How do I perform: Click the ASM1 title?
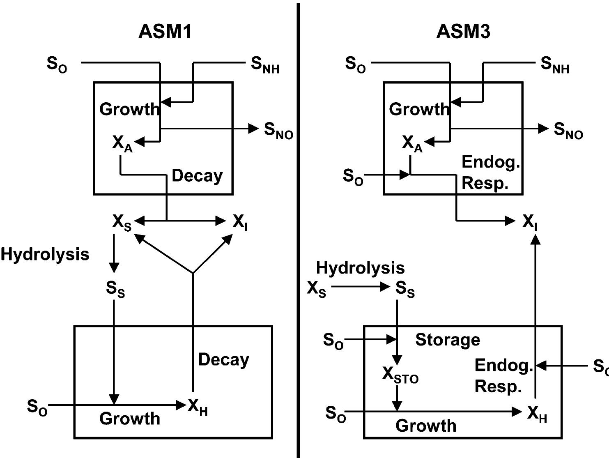click(165, 32)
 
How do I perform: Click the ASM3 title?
click(463, 32)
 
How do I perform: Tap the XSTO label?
click(400, 375)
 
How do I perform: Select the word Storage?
click(448, 340)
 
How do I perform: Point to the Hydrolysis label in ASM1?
click(45, 254)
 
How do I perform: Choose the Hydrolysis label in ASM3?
click(360, 268)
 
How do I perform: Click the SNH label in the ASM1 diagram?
click(265, 65)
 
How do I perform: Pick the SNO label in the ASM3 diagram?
click(568, 131)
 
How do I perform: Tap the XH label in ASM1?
click(198, 407)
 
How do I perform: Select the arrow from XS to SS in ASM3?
click(360, 287)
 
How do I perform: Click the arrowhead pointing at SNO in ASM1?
click(254, 129)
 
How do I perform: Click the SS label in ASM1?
click(115, 289)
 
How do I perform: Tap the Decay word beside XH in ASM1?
click(223, 360)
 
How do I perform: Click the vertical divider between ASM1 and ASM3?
click(298, 230)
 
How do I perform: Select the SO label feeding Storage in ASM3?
click(333, 341)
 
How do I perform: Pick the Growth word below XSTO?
click(426, 426)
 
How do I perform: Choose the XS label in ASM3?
click(316, 289)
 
